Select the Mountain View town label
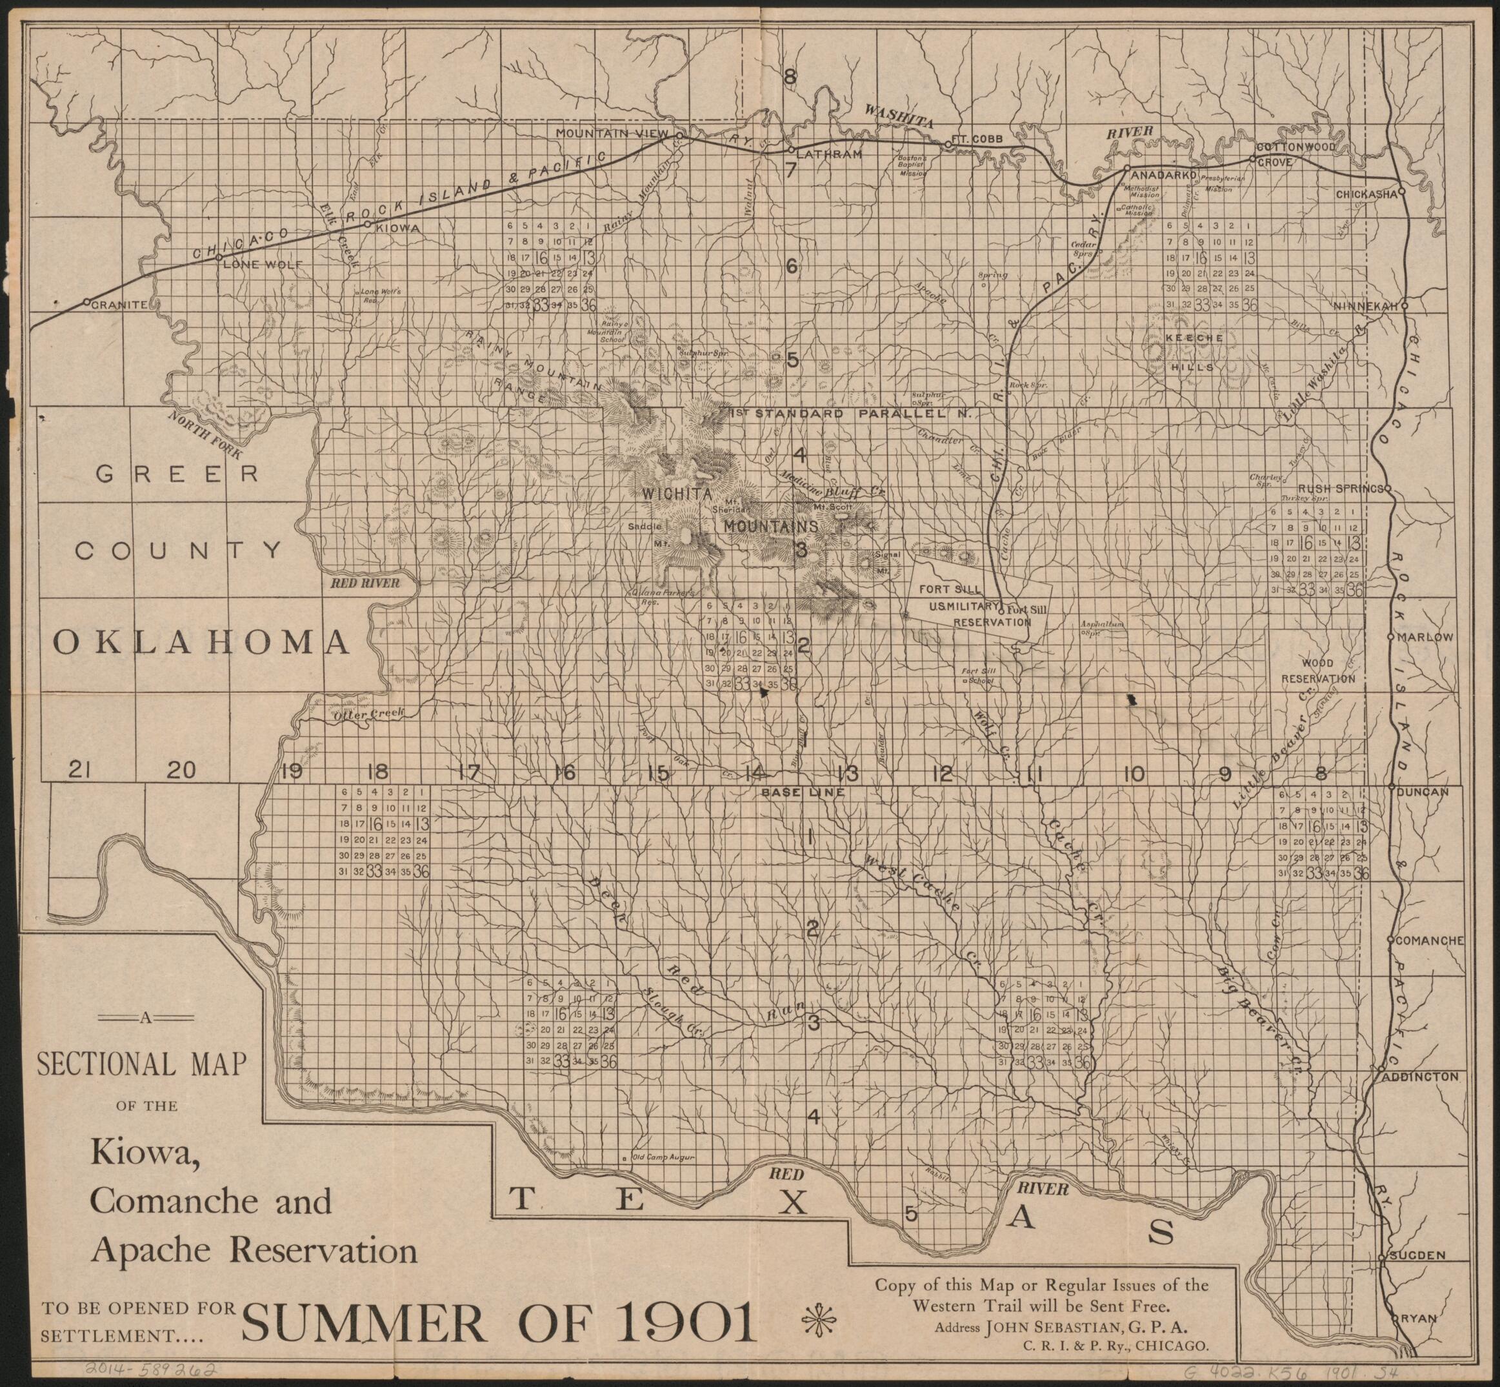611,133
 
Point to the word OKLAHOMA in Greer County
201,642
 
